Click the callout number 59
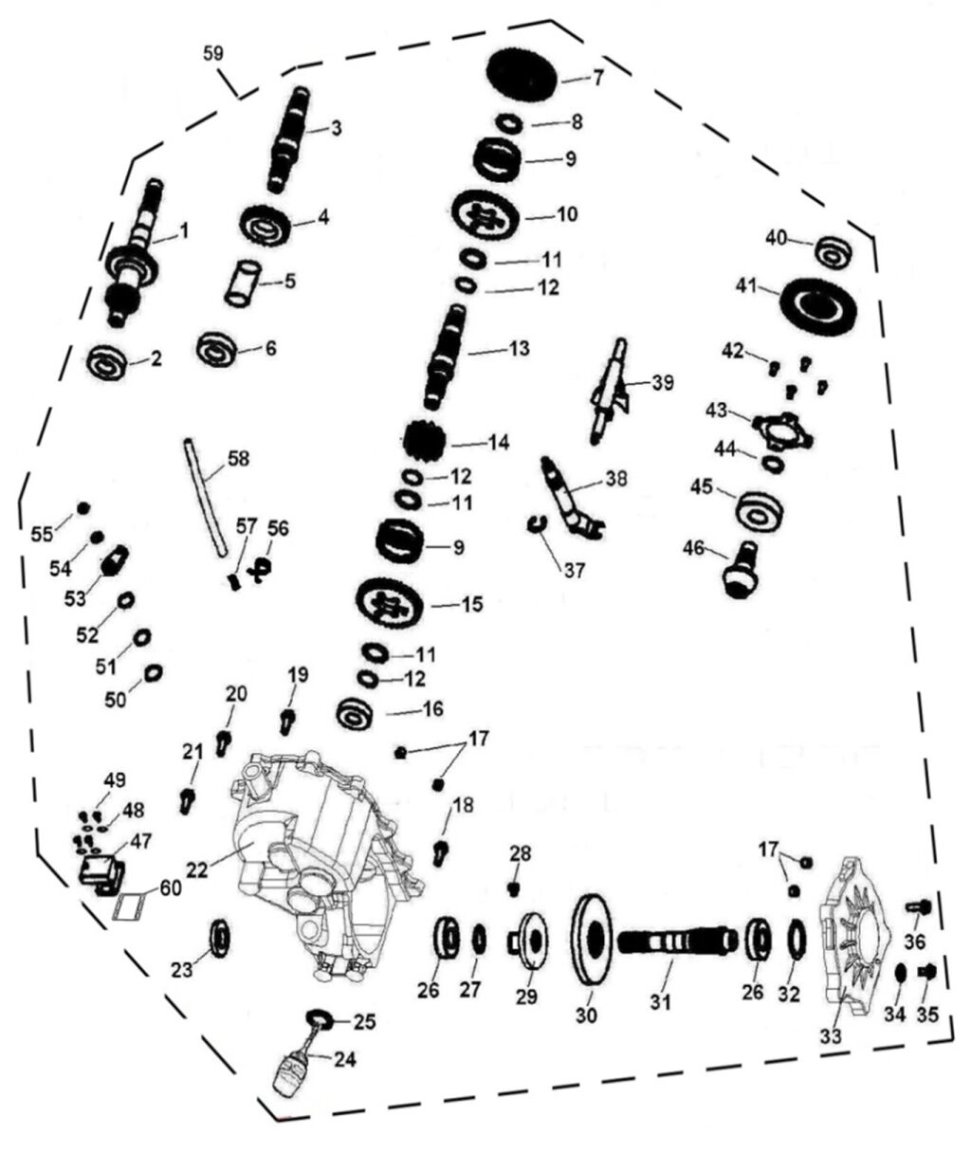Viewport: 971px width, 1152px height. click(x=213, y=53)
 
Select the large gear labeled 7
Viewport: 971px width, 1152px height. click(x=522, y=75)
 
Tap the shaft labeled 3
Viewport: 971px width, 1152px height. click(x=291, y=137)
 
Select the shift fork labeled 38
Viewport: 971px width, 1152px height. click(x=570, y=495)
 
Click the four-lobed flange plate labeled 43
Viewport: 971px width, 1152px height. click(x=783, y=429)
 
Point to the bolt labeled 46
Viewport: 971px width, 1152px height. click(x=742, y=569)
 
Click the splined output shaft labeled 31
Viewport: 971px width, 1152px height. click(x=675, y=942)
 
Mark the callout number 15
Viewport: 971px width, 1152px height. click(x=470, y=603)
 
